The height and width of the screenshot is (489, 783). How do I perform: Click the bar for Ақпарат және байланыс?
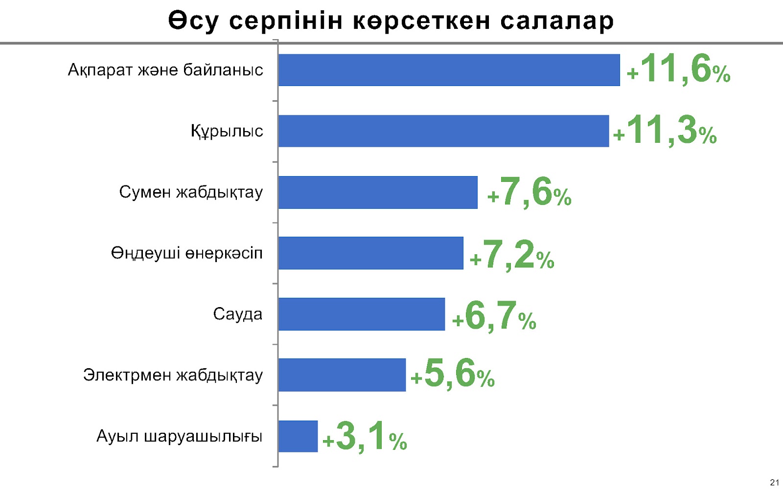[x=449, y=70]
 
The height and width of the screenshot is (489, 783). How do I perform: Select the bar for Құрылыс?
[x=443, y=131]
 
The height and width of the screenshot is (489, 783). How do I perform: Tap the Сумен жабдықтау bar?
[x=378, y=192]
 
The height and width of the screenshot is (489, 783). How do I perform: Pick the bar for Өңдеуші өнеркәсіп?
[x=370, y=253]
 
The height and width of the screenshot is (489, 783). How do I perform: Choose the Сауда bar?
[x=362, y=314]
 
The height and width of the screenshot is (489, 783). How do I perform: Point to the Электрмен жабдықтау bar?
[x=342, y=375]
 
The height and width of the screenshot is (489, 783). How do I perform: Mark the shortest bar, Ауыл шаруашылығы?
[x=298, y=436]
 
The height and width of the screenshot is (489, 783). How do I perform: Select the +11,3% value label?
[x=665, y=131]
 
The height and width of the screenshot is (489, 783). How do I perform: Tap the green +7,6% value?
[x=530, y=192]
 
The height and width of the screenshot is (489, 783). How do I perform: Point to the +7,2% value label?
[x=512, y=255]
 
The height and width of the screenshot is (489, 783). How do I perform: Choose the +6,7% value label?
[x=494, y=316]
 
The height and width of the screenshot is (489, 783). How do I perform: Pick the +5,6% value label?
[x=453, y=374]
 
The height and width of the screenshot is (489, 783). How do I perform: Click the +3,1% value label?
[x=365, y=436]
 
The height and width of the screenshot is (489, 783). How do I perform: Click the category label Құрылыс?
[x=227, y=131]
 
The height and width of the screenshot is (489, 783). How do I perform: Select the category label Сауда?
[x=237, y=314]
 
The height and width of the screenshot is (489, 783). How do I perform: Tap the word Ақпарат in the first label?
[x=100, y=70]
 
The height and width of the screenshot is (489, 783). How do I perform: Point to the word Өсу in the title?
[x=193, y=22]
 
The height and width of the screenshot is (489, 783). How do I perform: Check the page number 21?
[x=774, y=483]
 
